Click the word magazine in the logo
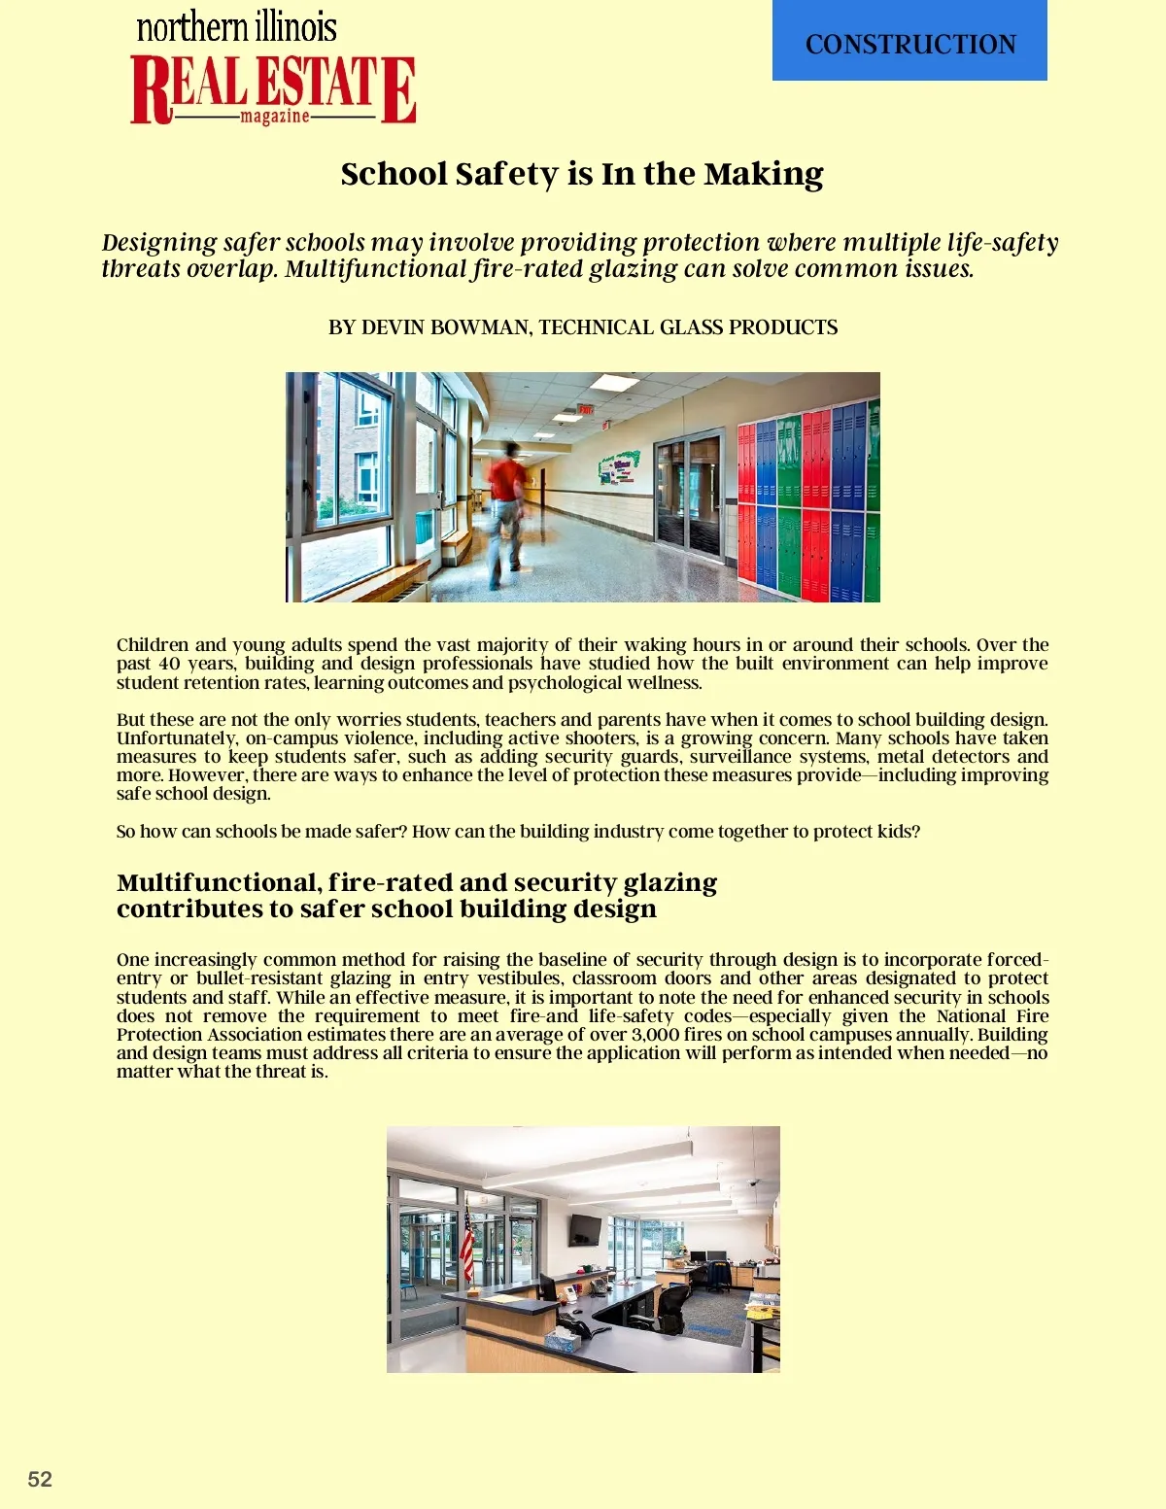275,117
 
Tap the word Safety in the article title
507,174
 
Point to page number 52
40,1479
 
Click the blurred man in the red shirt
507,510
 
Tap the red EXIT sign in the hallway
586,410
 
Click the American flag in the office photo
467,1244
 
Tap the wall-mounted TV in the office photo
585,1229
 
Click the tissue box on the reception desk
562,1342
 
